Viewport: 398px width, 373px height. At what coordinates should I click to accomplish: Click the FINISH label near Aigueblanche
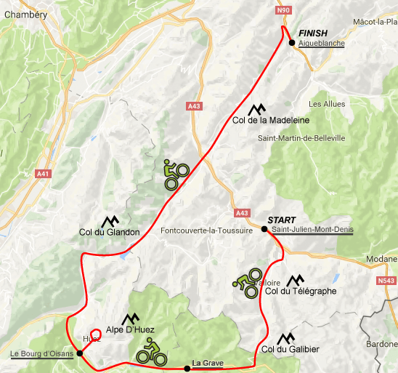click(x=312, y=33)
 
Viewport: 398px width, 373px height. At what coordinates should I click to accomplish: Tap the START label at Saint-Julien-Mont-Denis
click(x=283, y=219)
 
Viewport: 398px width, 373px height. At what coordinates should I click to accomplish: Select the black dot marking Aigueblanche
click(x=291, y=43)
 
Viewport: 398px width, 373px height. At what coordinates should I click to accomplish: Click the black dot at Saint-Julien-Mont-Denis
click(x=264, y=229)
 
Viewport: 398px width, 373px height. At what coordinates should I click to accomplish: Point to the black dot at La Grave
click(x=187, y=369)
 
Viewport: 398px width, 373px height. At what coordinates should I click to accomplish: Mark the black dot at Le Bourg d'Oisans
click(x=79, y=353)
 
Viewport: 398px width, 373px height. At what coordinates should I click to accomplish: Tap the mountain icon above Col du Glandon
click(x=110, y=220)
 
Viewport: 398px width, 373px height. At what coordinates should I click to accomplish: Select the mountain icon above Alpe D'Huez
click(x=131, y=318)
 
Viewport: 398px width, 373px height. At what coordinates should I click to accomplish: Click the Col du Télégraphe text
click(x=301, y=292)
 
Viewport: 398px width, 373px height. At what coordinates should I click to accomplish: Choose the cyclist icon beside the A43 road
click(x=176, y=174)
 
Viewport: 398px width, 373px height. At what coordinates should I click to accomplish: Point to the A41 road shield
click(x=43, y=174)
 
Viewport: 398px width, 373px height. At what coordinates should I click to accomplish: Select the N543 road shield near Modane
click(x=386, y=279)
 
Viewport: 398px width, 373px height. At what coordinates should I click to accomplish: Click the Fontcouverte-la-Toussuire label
click(x=206, y=230)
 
